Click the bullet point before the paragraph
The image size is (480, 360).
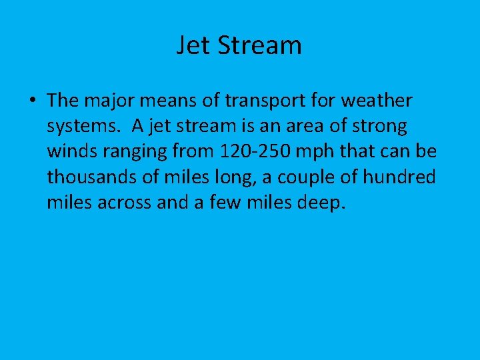point(32,101)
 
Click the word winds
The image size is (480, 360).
point(70,151)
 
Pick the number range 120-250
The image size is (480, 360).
point(254,151)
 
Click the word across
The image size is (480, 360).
point(124,203)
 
